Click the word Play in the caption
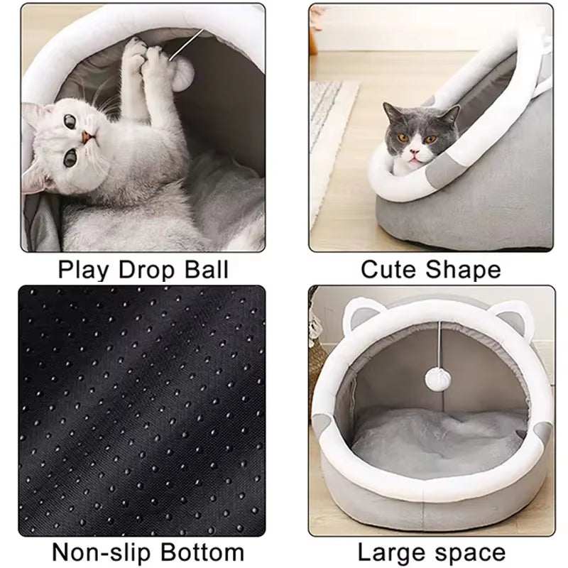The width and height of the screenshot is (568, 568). click(80, 270)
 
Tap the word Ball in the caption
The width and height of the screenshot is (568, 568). click(205, 270)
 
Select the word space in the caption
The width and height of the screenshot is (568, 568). click(469, 552)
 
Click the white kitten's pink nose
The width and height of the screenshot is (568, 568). click(85, 137)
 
